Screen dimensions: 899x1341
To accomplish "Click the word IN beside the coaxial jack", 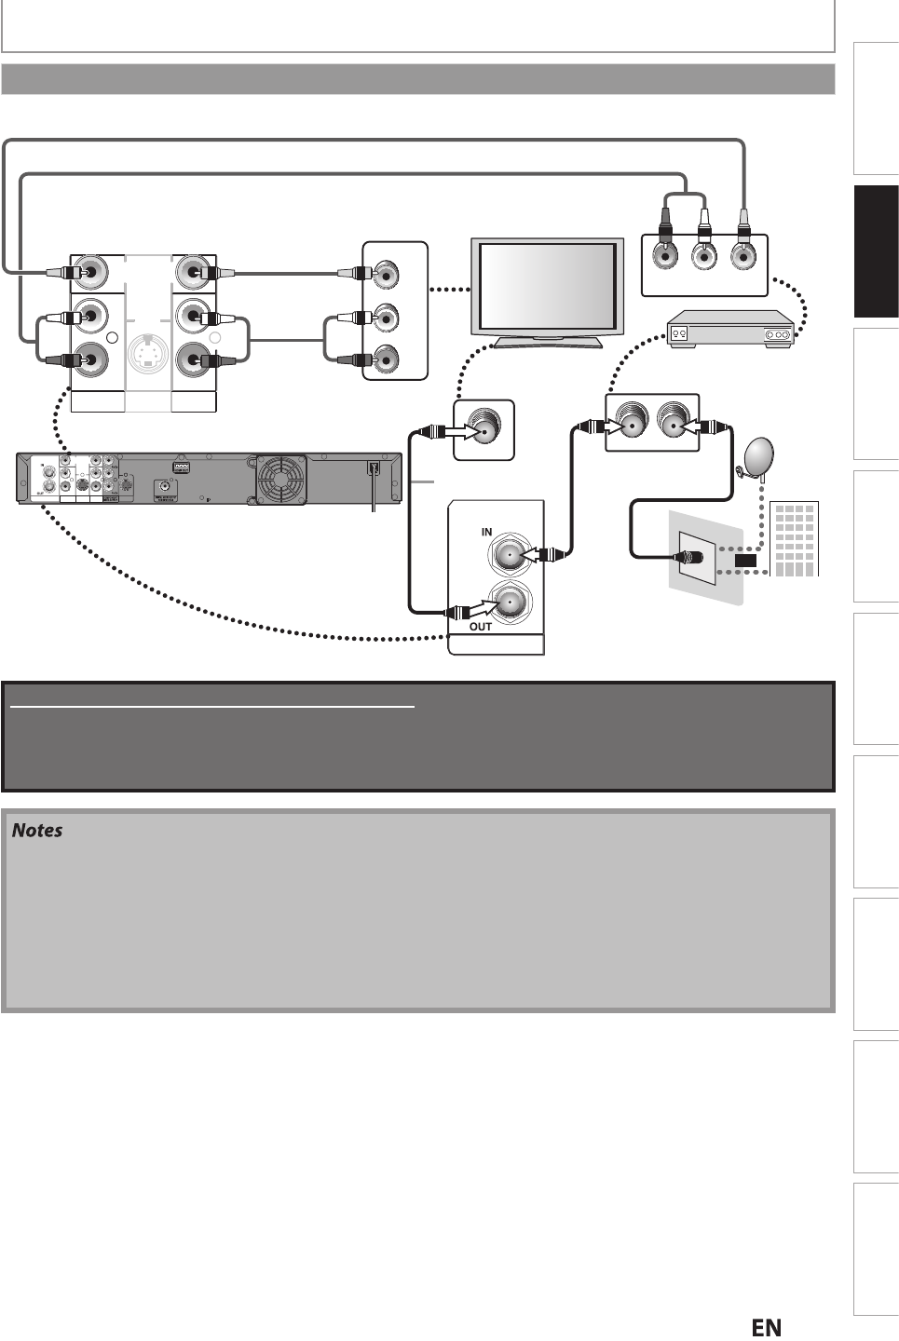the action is [486, 532].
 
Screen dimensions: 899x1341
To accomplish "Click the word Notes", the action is [36, 830].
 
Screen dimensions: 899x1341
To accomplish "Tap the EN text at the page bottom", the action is [766, 1327].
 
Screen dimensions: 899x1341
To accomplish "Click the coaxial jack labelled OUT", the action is [510, 605].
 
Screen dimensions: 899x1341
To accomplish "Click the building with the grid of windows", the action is [795, 539].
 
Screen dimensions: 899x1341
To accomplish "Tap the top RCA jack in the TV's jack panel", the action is [384, 274].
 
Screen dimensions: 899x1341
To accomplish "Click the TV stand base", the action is [547, 342].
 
